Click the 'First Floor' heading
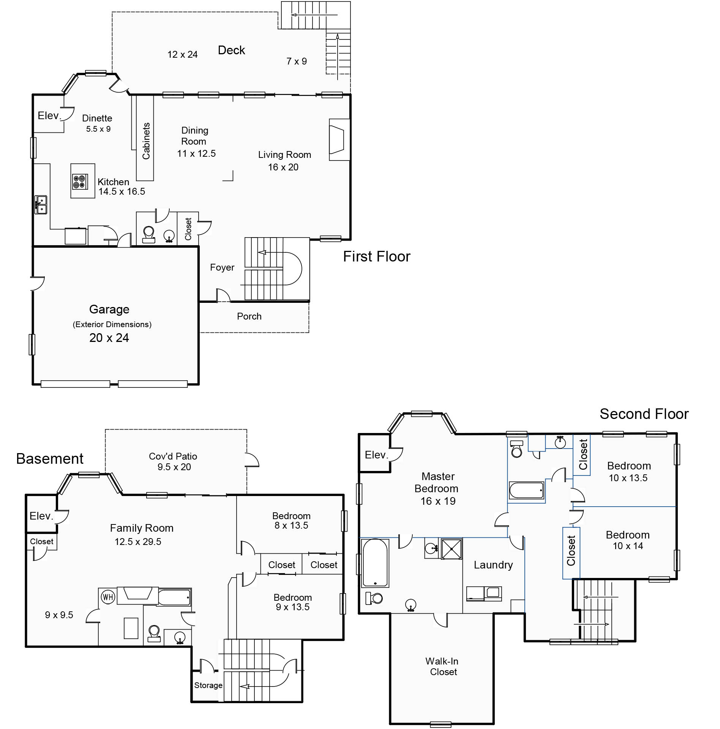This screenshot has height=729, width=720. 377,257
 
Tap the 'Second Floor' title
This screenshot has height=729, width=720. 644,414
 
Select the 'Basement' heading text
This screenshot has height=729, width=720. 50,459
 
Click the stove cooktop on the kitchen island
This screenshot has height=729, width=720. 80,182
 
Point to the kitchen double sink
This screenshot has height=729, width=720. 41,205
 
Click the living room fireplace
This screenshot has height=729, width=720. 339,140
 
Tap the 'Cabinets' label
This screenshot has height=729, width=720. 146,141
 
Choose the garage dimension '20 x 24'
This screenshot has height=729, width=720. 109,338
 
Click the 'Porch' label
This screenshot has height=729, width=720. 249,316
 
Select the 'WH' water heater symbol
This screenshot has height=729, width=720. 108,597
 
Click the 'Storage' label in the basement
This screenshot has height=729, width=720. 208,685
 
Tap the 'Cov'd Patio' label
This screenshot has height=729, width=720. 173,456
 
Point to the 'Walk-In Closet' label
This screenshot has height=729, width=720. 442,666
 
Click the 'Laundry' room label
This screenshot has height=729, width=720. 493,565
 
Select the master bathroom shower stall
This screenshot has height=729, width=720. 452,549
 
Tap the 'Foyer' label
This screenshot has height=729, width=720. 222,268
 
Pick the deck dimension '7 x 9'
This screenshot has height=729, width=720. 297,61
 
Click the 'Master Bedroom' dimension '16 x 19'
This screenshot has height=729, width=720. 438,501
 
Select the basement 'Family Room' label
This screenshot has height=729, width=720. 142,528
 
